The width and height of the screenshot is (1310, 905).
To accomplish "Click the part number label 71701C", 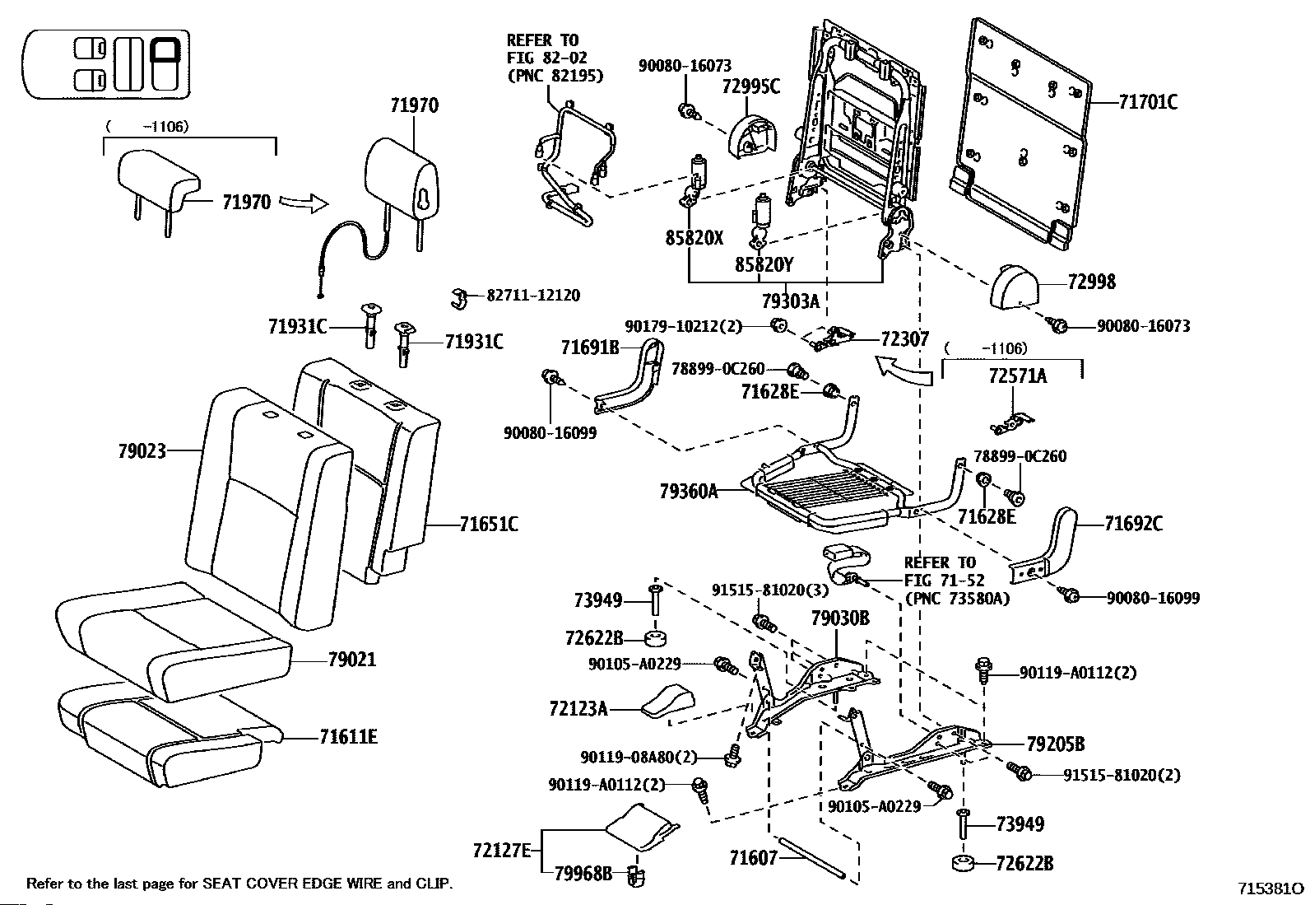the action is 1148,102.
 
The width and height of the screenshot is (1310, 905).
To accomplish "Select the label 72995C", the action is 751,86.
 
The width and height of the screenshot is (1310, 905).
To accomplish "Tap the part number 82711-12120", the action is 533,295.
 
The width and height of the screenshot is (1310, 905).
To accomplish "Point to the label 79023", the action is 142,450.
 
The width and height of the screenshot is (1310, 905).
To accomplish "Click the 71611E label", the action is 349,736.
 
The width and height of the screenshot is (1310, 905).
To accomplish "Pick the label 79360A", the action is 689,491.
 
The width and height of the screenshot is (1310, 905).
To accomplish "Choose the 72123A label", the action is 578,709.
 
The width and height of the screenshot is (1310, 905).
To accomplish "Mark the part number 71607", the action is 753,858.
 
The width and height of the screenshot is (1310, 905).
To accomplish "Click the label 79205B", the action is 1056,744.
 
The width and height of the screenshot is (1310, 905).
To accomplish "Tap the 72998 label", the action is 1091,282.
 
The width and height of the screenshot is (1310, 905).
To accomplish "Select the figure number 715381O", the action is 1271,889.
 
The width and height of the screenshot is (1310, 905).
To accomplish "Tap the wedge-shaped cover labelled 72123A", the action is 667,702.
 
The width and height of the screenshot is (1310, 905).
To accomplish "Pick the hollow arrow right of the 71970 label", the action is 304,203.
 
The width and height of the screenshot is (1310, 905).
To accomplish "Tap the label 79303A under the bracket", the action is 790,301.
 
